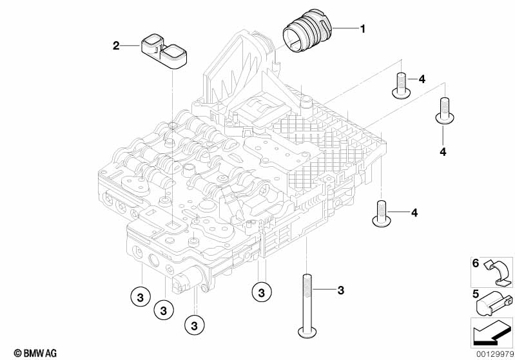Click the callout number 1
coord(362,28)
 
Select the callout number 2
coord(116,45)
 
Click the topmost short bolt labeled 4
coord(400,86)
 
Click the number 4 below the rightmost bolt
coord(443,151)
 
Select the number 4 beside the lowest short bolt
coord(414,212)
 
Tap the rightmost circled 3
coord(261,292)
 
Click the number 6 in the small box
coord(476,263)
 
